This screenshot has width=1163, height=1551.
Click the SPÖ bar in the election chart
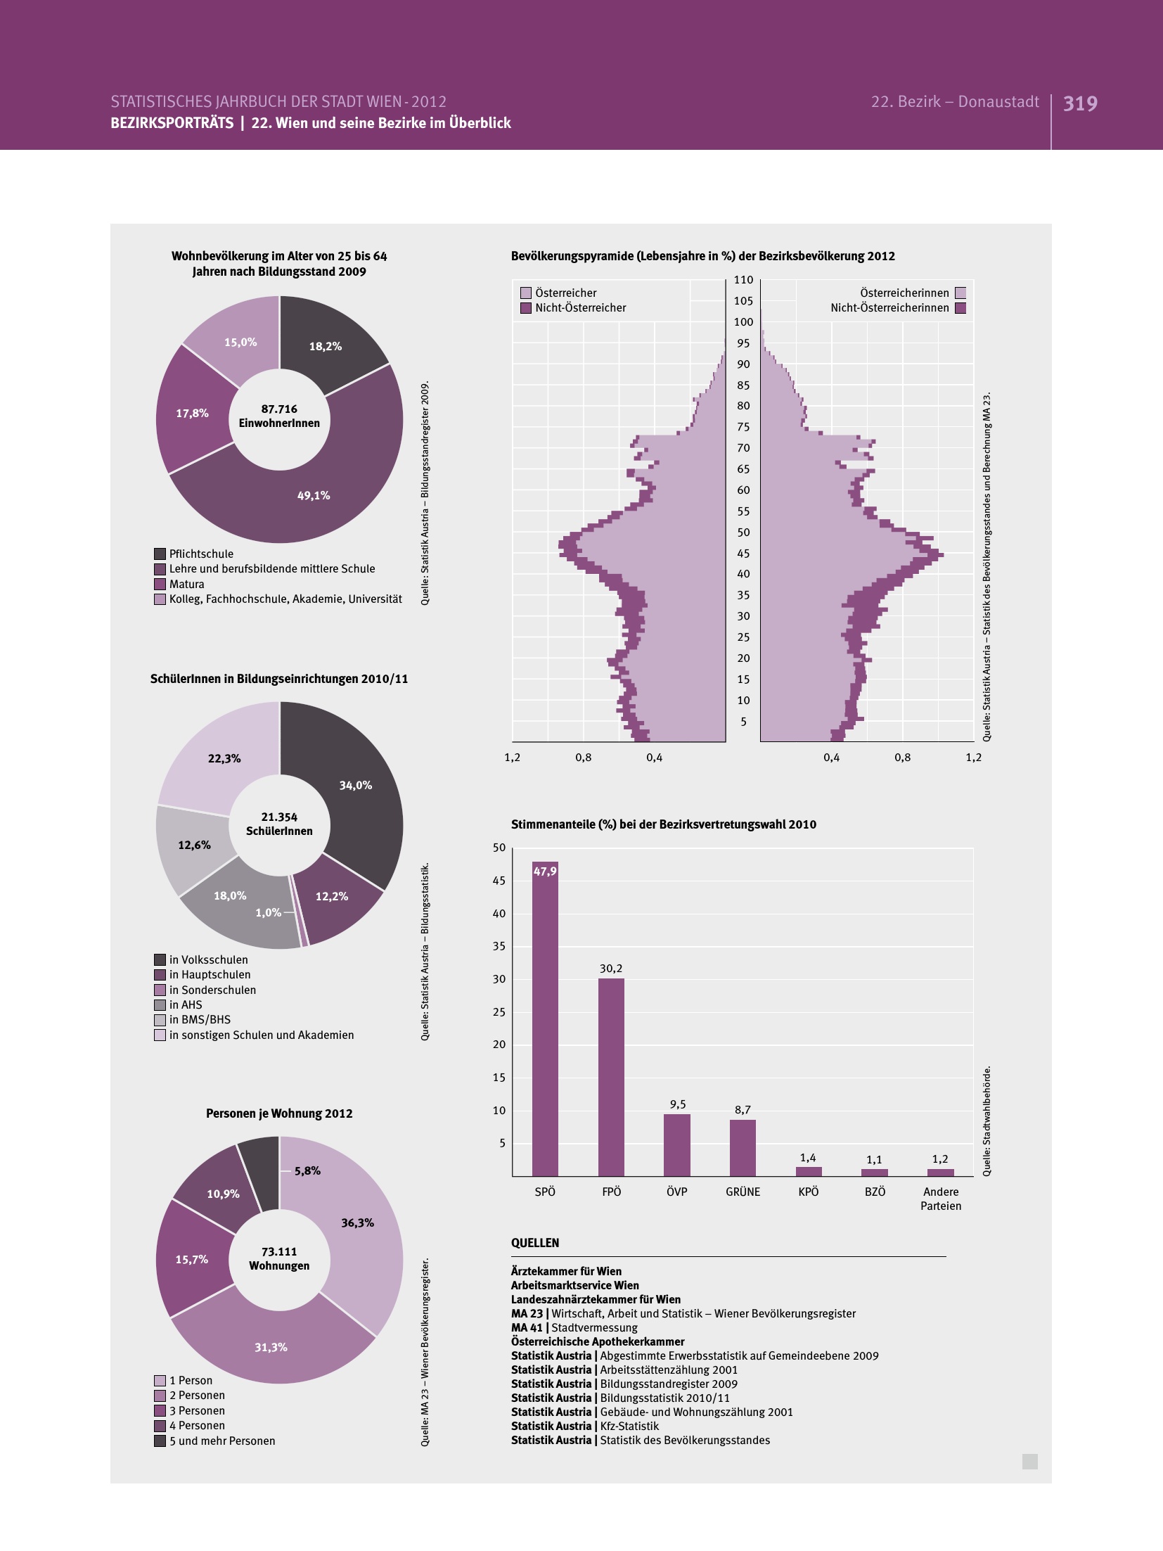tap(545, 1020)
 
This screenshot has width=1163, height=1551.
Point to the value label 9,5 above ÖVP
tap(678, 1104)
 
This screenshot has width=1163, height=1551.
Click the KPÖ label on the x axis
tap(809, 1192)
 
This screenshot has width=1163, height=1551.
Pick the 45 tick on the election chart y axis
tap(499, 881)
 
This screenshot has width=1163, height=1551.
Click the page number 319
tap(1080, 103)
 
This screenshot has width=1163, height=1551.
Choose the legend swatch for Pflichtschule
tap(160, 554)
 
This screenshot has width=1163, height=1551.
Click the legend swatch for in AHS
tap(160, 1004)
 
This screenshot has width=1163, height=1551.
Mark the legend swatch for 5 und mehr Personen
tap(160, 1441)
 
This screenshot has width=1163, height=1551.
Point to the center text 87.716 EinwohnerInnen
tap(279, 416)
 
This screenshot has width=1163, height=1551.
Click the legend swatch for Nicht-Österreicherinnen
tap(960, 307)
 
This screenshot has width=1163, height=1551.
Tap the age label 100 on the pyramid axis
tap(743, 322)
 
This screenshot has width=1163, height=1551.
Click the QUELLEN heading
tap(535, 1243)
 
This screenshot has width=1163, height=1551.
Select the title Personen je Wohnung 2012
tap(279, 1113)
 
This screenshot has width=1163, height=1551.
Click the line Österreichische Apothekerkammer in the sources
tap(598, 1341)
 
